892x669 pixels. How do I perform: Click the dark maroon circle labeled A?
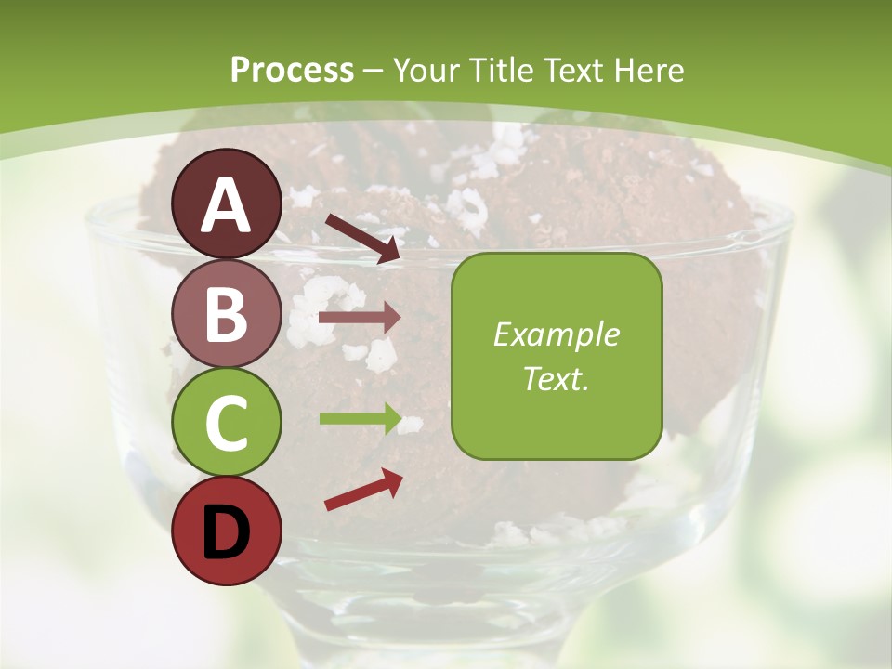[227, 203]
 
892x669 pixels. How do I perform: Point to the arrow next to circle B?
[360, 318]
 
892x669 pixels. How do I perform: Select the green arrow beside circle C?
[360, 419]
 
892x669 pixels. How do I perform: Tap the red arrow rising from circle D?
[363, 490]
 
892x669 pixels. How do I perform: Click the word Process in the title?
[292, 70]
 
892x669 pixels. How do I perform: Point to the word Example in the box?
[557, 334]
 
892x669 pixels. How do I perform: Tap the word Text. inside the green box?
[557, 378]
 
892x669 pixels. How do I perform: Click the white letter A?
[227, 205]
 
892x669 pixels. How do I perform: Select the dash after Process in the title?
[374, 71]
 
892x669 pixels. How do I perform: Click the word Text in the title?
[571, 70]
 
